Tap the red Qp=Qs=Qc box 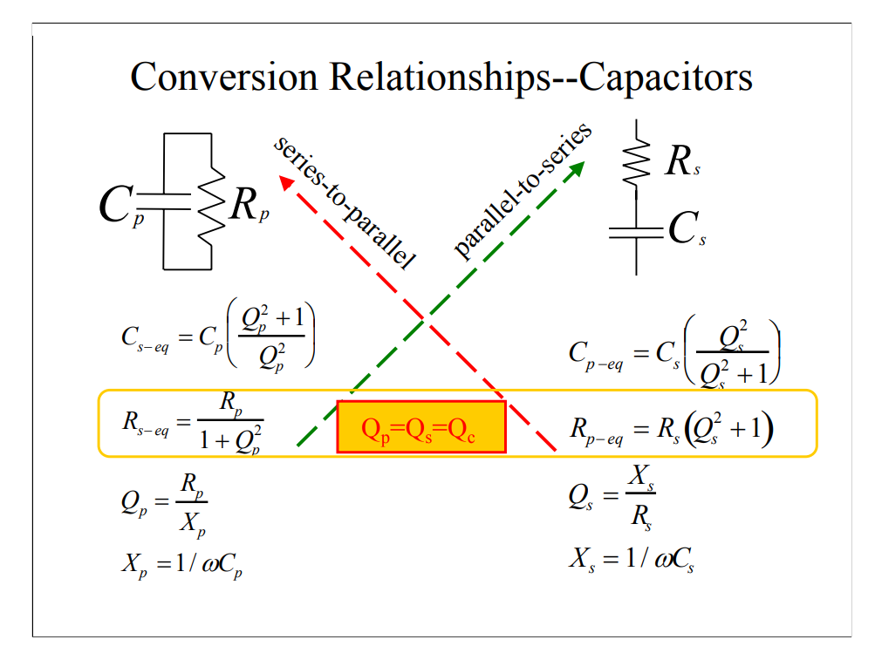pyautogui.click(x=420, y=427)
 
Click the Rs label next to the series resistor pyautogui.click(x=681, y=161)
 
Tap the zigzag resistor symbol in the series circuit pyautogui.click(x=636, y=161)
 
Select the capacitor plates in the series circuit pyautogui.click(x=636, y=231)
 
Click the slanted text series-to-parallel pyautogui.click(x=344, y=201)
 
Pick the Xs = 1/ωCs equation pyautogui.click(x=632, y=559)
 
